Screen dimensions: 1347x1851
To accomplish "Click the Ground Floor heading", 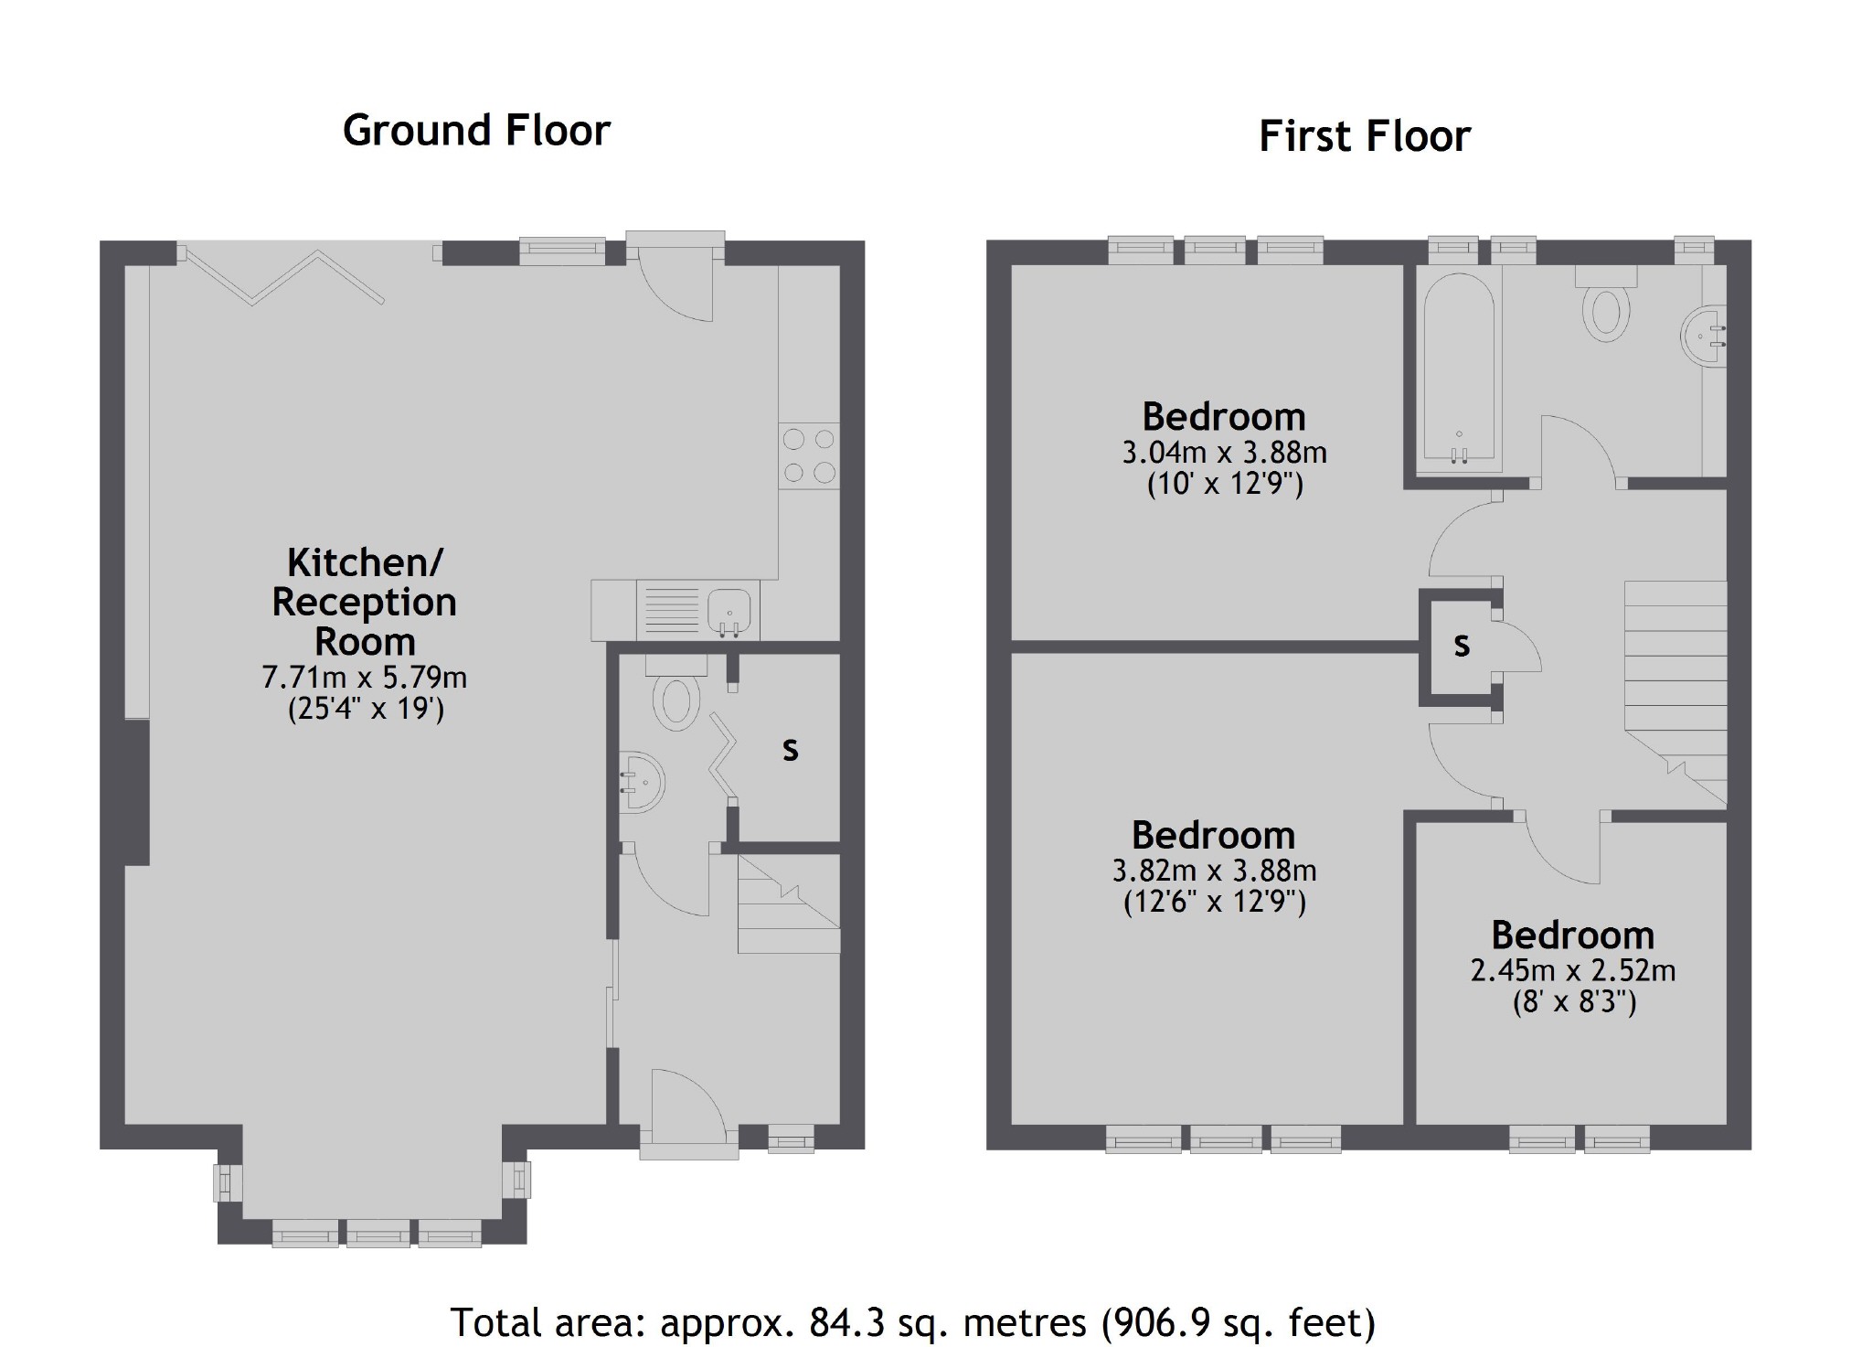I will (x=476, y=131).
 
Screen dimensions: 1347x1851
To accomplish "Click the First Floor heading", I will (x=1364, y=136).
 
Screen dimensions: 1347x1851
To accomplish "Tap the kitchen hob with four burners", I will (x=809, y=454).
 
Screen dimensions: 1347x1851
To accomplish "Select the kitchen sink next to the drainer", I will (x=729, y=609).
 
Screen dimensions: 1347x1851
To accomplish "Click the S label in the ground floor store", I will (x=790, y=750).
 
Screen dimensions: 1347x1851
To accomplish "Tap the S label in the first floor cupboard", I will (x=1462, y=646).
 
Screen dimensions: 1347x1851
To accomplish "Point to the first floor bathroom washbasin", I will (x=1703, y=336).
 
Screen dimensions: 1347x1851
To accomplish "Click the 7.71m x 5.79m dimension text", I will (x=364, y=678).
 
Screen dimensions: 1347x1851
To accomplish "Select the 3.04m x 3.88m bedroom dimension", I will (x=1224, y=453).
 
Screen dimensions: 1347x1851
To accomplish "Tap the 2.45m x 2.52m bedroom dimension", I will (x=1572, y=970).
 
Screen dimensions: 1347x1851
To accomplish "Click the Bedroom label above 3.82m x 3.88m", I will (x=1213, y=835).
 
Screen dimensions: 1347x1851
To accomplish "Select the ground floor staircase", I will (x=789, y=905).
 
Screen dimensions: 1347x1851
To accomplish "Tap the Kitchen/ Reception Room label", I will (x=364, y=602).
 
